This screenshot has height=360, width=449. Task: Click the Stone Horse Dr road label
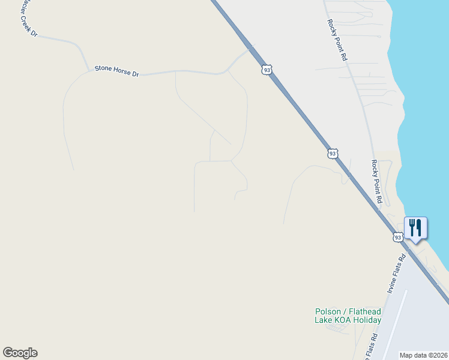(x=116, y=71)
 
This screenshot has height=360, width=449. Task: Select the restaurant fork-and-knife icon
(x=415, y=228)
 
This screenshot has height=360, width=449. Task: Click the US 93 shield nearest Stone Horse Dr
(x=267, y=70)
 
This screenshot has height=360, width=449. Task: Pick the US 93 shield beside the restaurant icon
(x=398, y=238)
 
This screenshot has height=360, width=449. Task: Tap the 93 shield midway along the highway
(x=333, y=154)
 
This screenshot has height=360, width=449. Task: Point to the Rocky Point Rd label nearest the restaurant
(x=376, y=182)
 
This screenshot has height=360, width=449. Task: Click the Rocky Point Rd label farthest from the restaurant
(x=337, y=40)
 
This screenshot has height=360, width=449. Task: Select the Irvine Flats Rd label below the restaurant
(x=396, y=274)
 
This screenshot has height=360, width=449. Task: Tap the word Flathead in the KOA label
(x=364, y=311)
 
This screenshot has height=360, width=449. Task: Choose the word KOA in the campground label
(x=342, y=320)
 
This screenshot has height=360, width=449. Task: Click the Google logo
(x=20, y=353)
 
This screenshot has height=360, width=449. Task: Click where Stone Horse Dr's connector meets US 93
(x=253, y=46)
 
